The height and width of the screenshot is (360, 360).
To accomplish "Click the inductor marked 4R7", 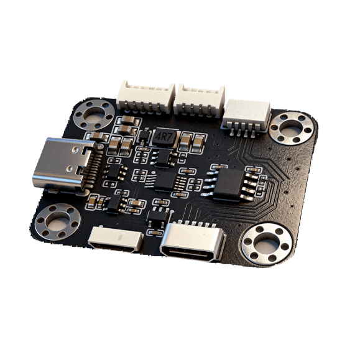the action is point(164,138).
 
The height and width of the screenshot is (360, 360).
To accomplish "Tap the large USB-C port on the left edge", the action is point(64,164).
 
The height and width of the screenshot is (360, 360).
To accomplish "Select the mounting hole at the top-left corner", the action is point(95,114).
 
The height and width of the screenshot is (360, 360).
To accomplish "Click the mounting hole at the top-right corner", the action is point(292,128).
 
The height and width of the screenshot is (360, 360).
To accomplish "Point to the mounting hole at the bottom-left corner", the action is point(57,221).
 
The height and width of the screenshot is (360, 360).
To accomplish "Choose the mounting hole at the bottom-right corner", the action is point(267,244).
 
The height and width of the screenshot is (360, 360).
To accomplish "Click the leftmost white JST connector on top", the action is point(145,98).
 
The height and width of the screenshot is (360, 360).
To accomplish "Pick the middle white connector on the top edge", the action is point(199,100).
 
